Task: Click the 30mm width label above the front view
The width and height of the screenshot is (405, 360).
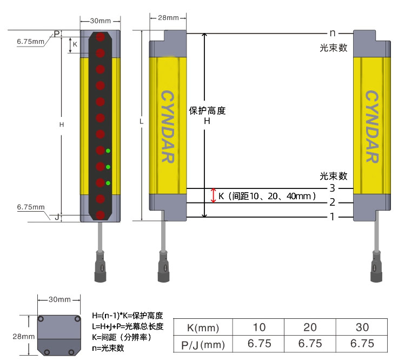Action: pos(100,21)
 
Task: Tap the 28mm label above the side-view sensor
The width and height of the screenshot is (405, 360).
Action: pos(168,18)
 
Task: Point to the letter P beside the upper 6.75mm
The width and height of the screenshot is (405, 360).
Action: pos(57,34)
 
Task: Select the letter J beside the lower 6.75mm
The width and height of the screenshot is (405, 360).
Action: pos(57,217)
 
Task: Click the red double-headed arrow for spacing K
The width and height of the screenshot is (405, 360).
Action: pos(214,195)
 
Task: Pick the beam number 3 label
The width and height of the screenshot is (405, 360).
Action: pos(333,188)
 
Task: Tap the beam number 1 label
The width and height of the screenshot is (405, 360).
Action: pos(333,217)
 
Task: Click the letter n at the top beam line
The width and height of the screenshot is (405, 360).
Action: pos(333,33)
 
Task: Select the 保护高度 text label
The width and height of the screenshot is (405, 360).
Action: pos(207,110)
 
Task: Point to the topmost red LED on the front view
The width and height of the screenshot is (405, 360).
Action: pos(101,37)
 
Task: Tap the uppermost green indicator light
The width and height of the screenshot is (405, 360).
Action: pos(109,150)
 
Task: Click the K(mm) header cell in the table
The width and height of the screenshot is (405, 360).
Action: pos(203,327)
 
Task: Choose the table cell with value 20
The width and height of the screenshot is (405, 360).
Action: pos(310,327)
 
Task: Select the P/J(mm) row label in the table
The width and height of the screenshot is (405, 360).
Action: pos(203,344)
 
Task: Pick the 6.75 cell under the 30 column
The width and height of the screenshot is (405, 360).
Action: pos(362,344)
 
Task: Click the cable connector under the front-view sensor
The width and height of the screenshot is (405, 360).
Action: pos(100,268)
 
